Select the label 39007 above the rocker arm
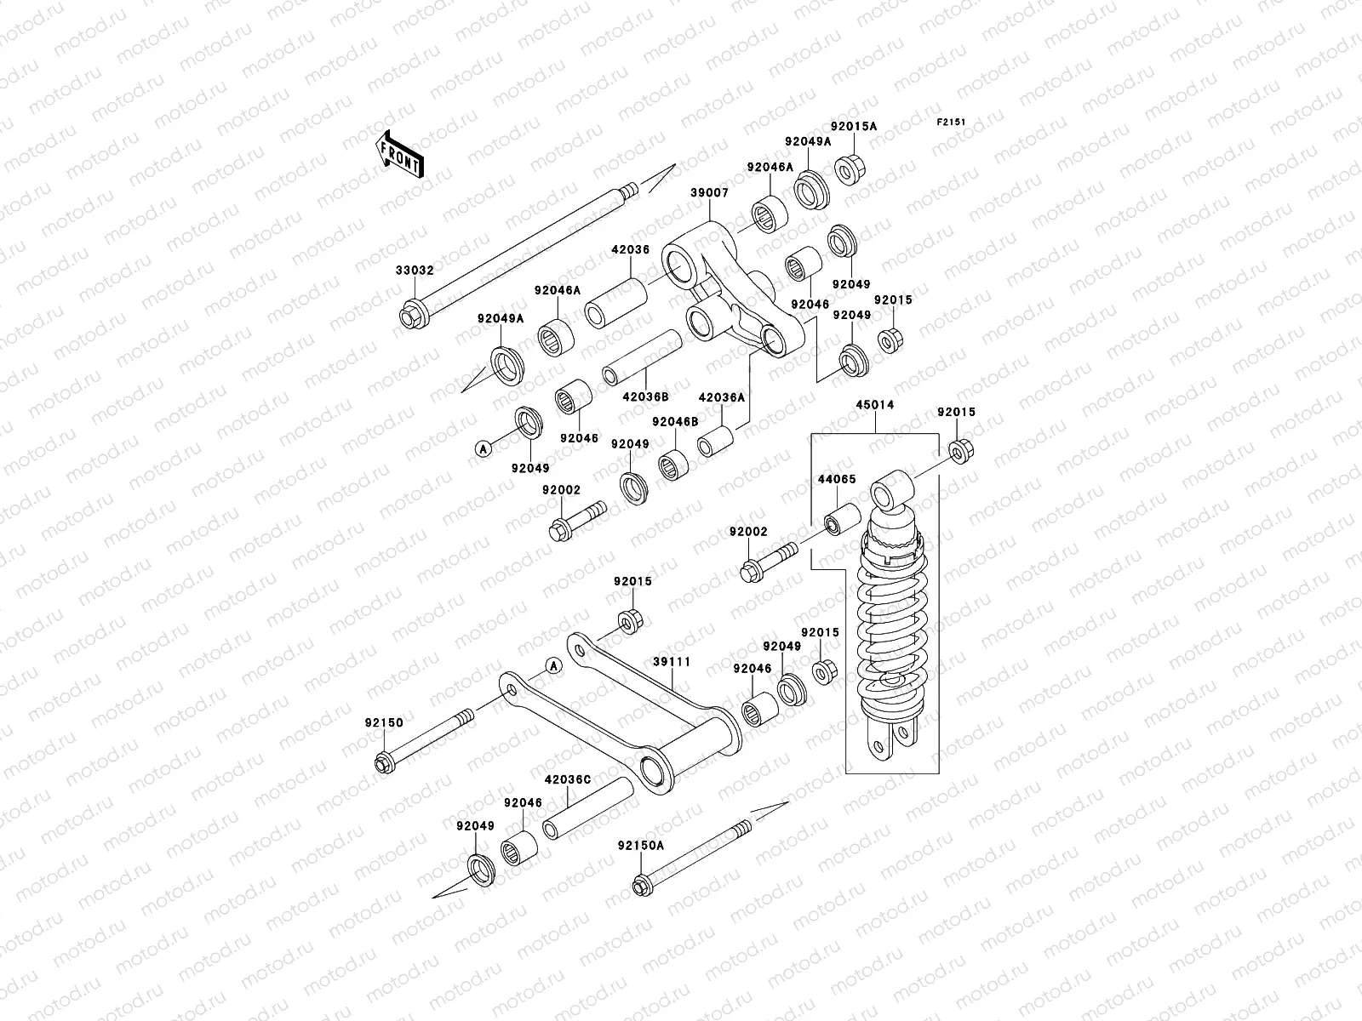tap(709, 193)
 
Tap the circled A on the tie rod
tap(552, 665)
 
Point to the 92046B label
tap(675, 422)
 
